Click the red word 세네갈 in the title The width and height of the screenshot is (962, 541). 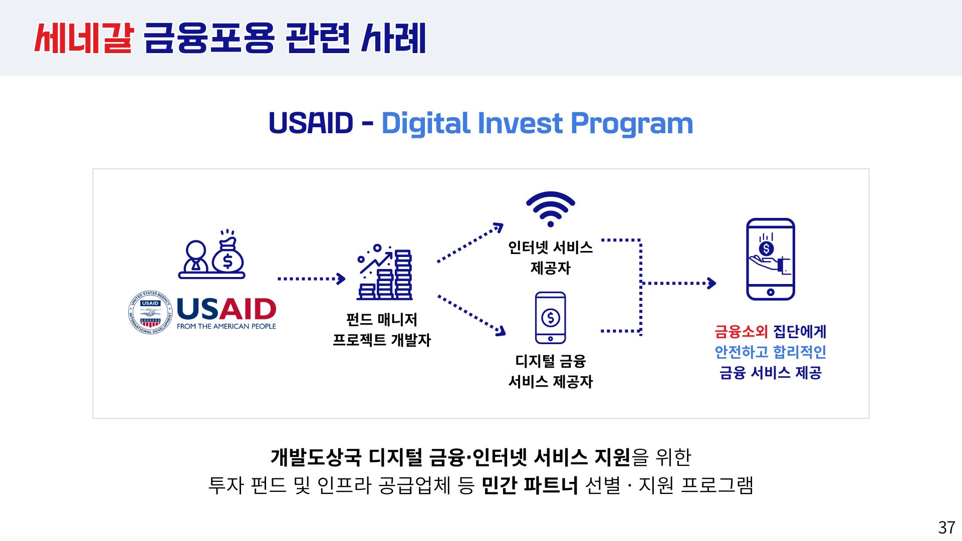tap(84, 38)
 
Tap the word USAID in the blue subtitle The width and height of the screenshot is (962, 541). tap(311, 123)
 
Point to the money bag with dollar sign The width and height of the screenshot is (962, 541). tap(228, 255)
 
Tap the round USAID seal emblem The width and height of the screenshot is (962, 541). tap(150, 313)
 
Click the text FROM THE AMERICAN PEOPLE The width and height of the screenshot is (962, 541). tap(226, 326)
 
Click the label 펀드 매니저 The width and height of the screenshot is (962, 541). tap(382, 319)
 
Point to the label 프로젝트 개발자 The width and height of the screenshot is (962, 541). tap(382, 340)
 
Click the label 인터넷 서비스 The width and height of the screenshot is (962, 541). tap(550, 247)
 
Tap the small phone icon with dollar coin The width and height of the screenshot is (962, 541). tap(550, 318)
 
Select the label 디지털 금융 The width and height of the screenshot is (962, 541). tap(550, 361)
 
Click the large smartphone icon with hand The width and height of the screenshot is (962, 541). tap(770, 259)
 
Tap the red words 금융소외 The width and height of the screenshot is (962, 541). tap(741, 332)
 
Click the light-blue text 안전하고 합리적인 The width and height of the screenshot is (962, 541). tap(770, 352)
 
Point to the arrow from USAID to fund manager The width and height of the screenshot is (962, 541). tap(311, 279)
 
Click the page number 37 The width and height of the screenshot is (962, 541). tap(946, 527)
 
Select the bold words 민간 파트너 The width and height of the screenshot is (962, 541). tap(530, 485)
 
